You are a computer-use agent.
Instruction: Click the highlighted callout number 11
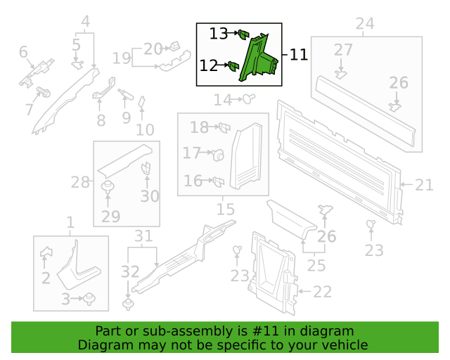298,55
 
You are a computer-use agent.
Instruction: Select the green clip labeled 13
244,34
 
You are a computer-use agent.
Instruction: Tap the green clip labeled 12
233,66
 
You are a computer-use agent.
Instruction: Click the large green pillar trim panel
258,58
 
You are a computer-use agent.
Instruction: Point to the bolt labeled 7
44,91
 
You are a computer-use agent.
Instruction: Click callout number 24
365,23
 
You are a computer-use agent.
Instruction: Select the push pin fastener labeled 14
249,99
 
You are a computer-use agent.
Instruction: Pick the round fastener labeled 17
219,155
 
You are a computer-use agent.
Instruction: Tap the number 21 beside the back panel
424,185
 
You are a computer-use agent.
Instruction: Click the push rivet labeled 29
108,187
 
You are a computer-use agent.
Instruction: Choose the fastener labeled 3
89,299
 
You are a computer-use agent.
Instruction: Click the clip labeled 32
128,304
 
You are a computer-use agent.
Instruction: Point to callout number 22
322,292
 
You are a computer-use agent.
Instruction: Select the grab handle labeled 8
104,88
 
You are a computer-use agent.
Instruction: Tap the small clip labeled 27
340,75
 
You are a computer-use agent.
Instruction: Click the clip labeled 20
174,46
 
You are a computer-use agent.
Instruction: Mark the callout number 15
226,210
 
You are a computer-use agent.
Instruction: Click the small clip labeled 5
77,65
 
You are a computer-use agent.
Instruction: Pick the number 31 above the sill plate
143,236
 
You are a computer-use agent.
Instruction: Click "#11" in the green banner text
265,331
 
